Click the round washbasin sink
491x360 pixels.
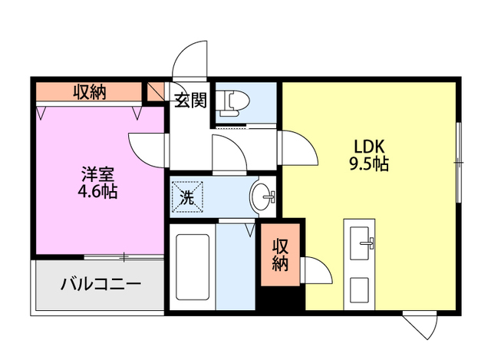[x=263, y=197]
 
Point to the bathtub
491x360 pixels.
[x=191, y=268]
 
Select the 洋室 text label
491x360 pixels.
[x=97, y=173]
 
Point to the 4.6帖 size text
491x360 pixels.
[x=97, y=192]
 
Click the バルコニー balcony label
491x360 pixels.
[x=101, y=284]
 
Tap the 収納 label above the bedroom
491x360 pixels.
[x=90, y=92]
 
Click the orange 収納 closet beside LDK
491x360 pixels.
[x=281, y=254]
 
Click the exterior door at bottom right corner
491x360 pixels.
[x=420, y=324]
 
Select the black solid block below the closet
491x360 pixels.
[x=280, y=299]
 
